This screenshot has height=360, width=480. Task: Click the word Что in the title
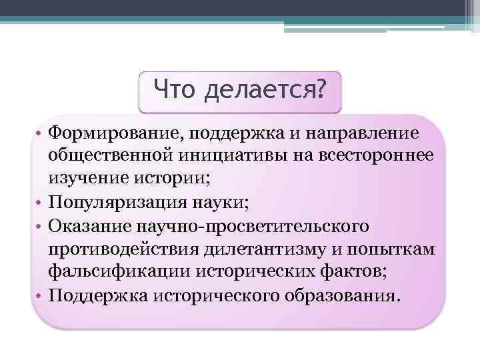(x=175, y=89)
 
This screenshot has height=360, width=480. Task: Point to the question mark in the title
(x=323, y=89)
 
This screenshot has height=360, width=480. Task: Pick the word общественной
(x=108, y=155)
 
